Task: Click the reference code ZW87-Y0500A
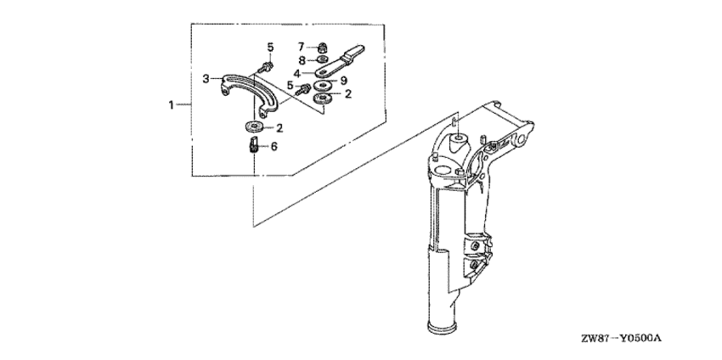coord(621,339)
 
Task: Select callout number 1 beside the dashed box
coord(172,105)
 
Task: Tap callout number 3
coord(206,79)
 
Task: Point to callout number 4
coord(297,73)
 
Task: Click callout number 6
coord(274,146)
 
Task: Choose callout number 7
coord(302,47)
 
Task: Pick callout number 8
coord(302,59)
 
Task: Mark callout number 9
coord(343,81)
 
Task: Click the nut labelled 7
coord(324,47)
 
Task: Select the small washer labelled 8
coord(322,59)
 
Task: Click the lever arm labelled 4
coord(340,61)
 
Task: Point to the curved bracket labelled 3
coord(249,94)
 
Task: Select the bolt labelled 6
coord(252,146)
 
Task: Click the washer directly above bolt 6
coord(254,126)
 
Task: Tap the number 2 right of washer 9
coord(348,94)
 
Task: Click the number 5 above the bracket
coord(270,47)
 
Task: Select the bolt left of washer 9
coord(302,89)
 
